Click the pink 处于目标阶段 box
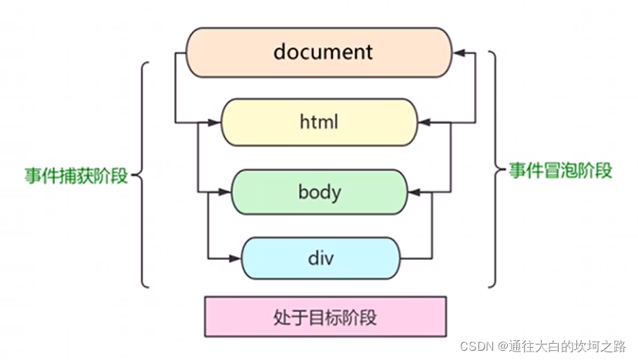click(326, 317)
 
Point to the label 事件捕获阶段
click(76, 176)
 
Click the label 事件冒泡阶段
click(560, 170)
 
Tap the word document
click(323, 52)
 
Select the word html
click(318, 122)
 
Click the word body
click(319, 191)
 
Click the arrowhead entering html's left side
click(216, 122)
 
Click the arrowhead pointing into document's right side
click(459, 53)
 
